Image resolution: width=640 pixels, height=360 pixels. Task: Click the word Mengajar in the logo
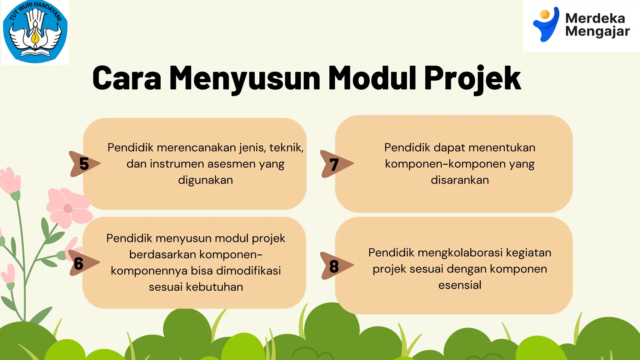coord(597,32)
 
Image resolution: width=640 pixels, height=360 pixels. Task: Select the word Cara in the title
coord(127,78)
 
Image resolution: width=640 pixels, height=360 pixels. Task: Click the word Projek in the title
coord(472,78)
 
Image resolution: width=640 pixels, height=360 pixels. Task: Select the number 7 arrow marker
coord(335,164)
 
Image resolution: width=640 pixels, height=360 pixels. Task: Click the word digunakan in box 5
coord(205,180)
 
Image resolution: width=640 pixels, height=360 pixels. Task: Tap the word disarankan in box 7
coord(460,180)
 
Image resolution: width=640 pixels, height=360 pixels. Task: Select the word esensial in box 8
coord(460,285)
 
